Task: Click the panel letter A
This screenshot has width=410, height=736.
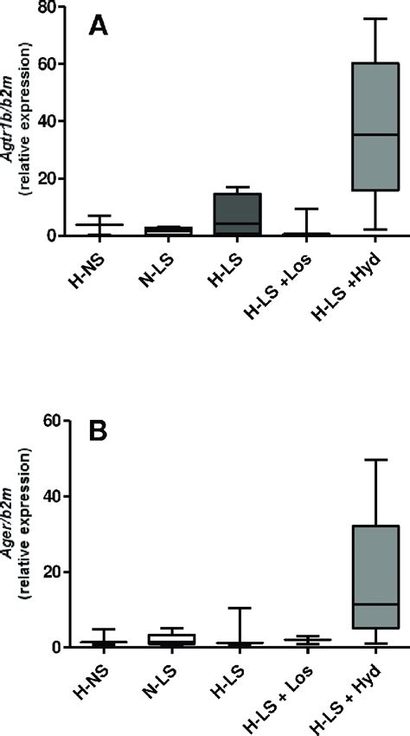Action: (x=100, y=27)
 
